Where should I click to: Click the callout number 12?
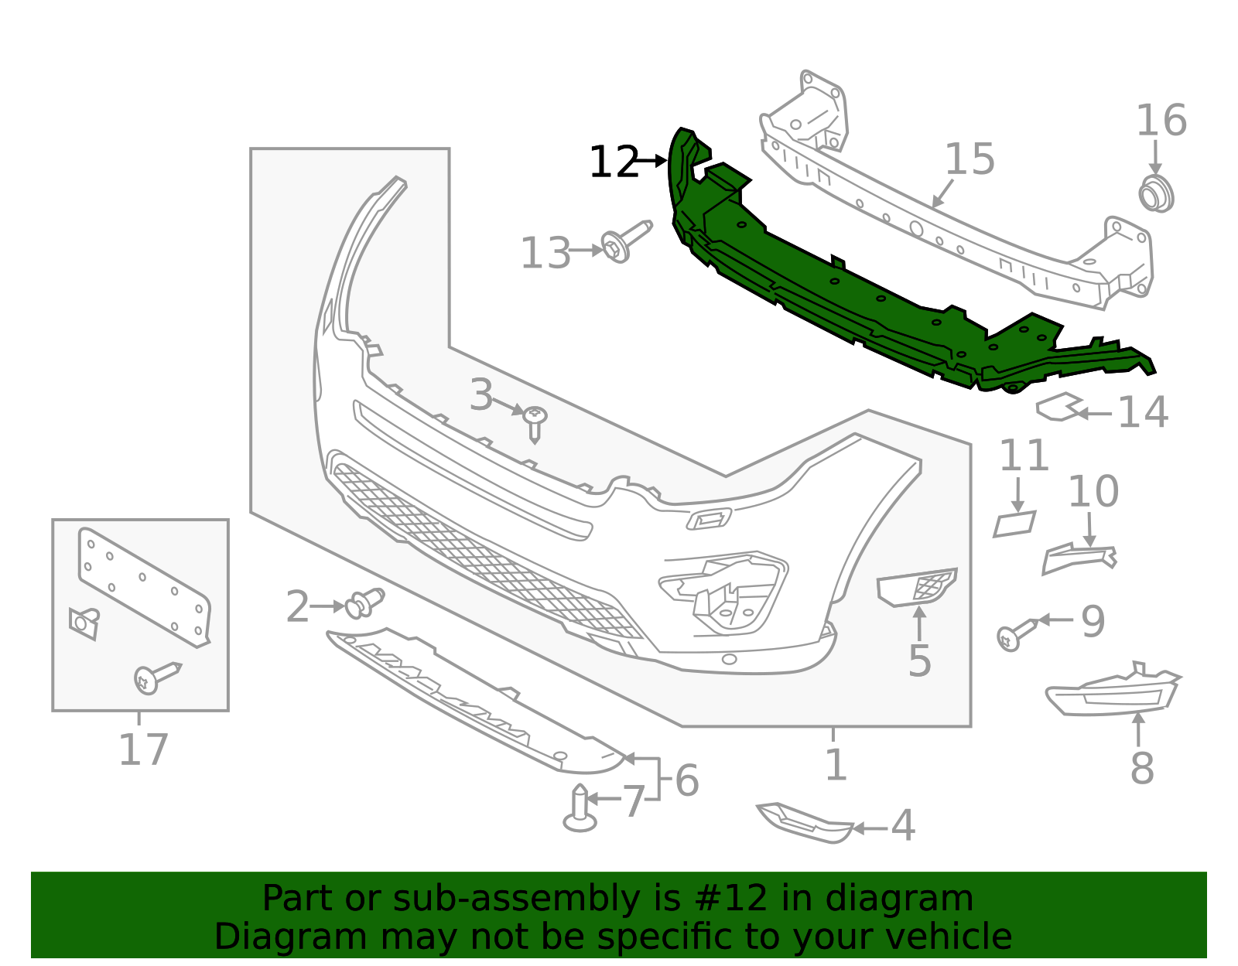[613, 162]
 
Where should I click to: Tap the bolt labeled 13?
[625, 241]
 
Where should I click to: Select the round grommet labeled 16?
[1156, 193]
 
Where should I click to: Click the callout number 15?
[970, 159]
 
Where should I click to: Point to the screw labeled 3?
[535, 422]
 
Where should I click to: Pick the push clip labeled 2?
[364, 604]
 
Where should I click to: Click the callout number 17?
[143, 749]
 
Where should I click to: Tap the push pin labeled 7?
[580, 808]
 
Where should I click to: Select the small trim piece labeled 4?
[805, 822]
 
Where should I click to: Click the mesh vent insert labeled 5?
[918, 589]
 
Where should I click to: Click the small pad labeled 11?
[1014, 524]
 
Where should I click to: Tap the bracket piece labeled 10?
[1078, 557]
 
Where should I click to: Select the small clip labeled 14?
[1058, 408]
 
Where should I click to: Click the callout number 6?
[687, 780]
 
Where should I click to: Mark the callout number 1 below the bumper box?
[836, 765]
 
